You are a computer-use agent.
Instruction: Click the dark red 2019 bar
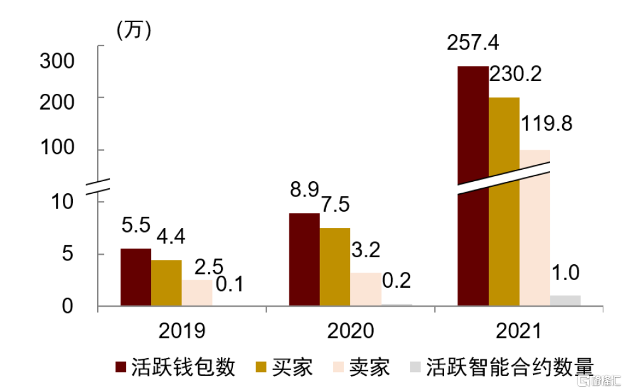(136, 278)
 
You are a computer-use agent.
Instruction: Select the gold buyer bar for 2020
(335, 267)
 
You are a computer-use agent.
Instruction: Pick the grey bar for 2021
(565, 301)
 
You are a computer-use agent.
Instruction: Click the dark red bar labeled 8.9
(304, 259)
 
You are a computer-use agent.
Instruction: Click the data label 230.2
(515, 74)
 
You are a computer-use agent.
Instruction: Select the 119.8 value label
(546, 124)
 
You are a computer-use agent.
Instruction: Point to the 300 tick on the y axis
(57, 61)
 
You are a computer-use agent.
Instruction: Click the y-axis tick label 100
(57, 150)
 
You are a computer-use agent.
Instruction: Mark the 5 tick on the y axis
(69, 255)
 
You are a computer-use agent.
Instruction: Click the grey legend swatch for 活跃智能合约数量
(416, 367)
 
